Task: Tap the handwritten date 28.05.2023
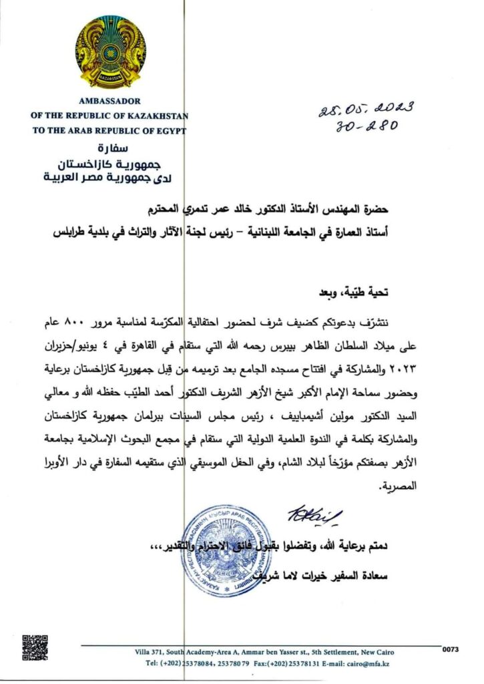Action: [x=366, y=109]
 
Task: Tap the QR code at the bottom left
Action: [x=35, y=648]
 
